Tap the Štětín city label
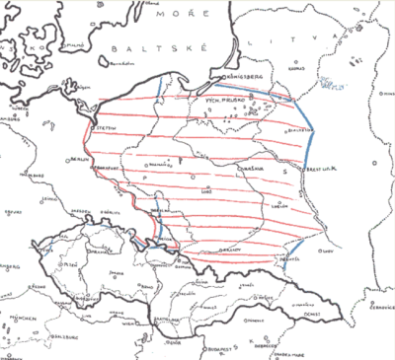click(x=104, y=125)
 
